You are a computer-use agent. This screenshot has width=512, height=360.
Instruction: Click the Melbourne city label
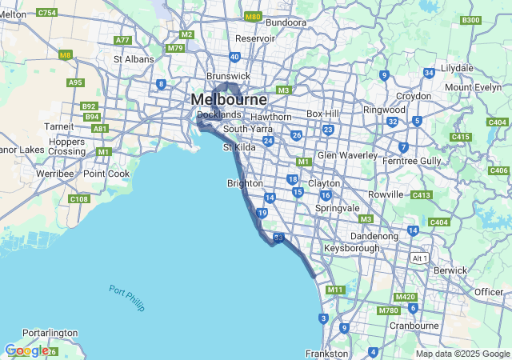(228, 100)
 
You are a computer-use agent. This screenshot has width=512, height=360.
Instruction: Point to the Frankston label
(326, 353)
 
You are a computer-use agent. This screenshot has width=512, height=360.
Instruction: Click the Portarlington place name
(50, 332)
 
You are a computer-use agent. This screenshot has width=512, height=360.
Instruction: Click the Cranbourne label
(414, 326)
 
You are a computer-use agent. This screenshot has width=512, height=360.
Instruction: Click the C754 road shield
(47, 13)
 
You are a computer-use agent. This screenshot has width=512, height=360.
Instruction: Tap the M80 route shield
(253, 16)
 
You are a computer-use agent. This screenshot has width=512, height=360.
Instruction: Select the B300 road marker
(471, 20)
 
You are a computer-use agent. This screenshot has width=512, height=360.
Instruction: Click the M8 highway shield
(65, 54)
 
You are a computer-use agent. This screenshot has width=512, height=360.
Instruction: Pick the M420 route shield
(405, 297)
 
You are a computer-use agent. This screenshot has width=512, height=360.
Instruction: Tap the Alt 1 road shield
(419, 258)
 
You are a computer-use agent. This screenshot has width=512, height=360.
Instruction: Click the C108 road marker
(79, 199)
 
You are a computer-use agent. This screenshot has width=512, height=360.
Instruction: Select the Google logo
(26, 350)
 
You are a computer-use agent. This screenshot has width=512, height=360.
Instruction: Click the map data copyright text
(462, 354)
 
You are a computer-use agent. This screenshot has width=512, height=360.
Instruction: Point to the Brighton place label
(245, 183)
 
